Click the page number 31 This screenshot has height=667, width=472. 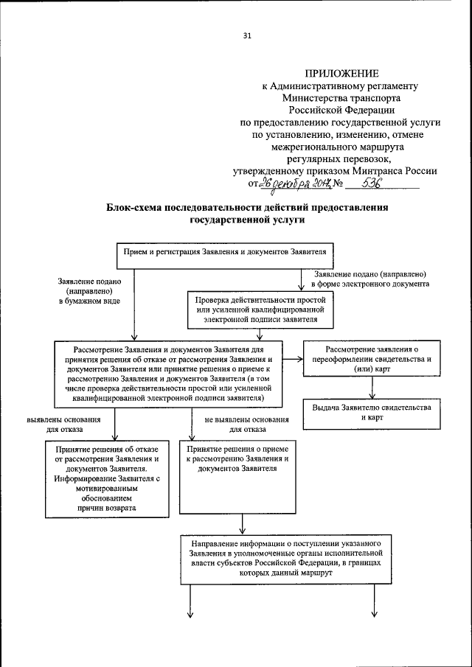(x=247, y=35)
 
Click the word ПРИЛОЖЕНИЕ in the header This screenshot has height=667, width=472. (x=341, y=73)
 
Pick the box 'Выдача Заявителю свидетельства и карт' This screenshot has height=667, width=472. (x=372, y=412)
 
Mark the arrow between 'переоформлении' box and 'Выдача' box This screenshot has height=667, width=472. (x=373, y=389)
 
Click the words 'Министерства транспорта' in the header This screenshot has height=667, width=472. (x=340, y=96)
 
